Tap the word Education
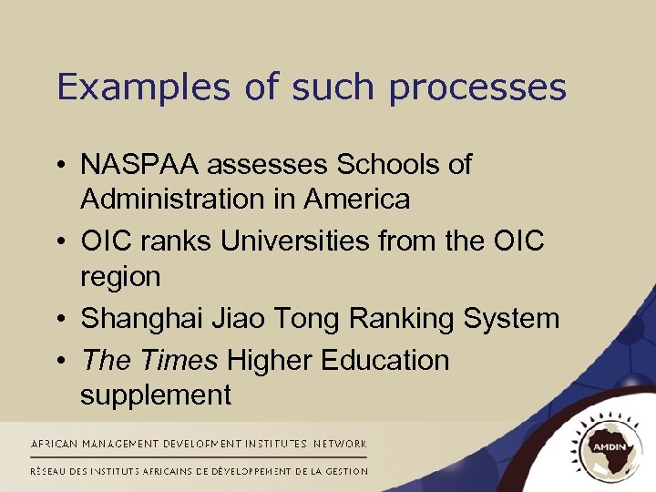tap(385, 361)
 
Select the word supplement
tap(156, 395)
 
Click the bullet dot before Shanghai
tap(62, 320)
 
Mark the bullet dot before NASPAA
tap(62, 165)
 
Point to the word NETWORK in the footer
tap(340, 444)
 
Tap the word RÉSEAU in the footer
tap(53, 471)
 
